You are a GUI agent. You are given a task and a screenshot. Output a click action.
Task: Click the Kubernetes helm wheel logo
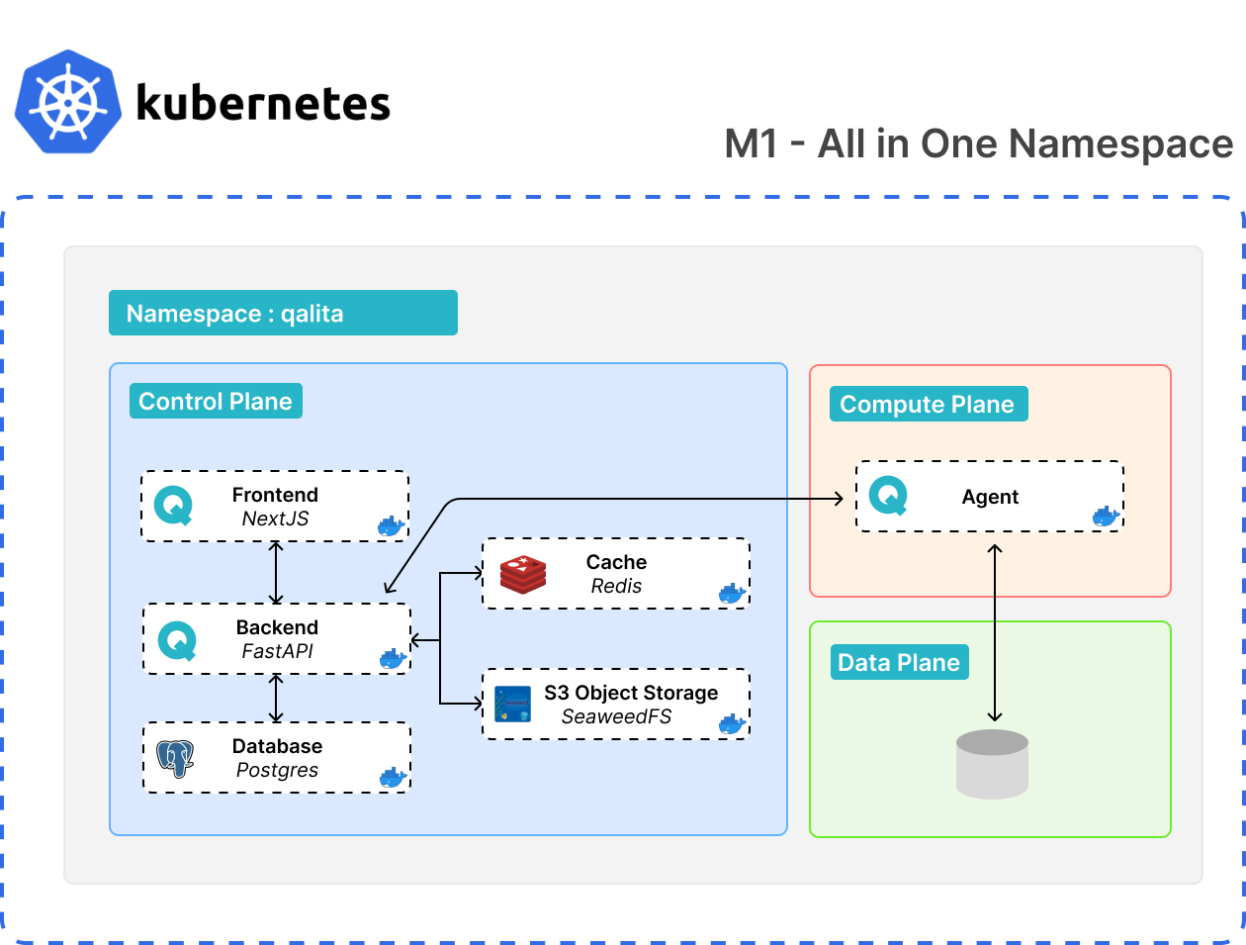click(x=68, y=102)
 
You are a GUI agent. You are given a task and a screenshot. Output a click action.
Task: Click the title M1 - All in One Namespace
click(x=978, y=144)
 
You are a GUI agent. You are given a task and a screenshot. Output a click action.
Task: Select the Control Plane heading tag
click(x=216, y=401)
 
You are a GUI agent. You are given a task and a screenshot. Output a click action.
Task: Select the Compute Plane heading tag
click(x=928, y=404)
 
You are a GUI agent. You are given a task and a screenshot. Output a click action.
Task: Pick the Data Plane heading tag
click(x=899, y=662)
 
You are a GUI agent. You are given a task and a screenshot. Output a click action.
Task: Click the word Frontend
click(x=275, y=495)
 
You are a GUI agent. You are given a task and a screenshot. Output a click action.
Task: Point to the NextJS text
click(x=275, y=519)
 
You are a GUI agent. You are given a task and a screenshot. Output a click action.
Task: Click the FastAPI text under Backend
click(x=277, y=651)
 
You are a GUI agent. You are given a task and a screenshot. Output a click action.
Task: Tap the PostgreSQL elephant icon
click(x=176, y=758)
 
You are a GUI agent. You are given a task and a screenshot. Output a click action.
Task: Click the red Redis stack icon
click(x=523, y=574)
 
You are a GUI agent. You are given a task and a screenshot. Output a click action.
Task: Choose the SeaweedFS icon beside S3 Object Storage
click(x=513, y=704)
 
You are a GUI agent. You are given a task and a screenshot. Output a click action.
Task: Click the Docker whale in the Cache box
click(x=732, y=594)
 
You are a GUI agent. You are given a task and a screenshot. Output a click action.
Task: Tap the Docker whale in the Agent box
click(x=1106, y=516)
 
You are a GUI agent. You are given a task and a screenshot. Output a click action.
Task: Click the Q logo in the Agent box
click(x=888, y=496)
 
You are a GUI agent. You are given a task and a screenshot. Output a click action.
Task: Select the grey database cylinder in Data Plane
click(x=993, y=764)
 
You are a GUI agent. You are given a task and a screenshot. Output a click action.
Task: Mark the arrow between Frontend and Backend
click(x=276, y=573)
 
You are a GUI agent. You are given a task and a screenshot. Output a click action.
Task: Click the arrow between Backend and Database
click(x=276, y=699)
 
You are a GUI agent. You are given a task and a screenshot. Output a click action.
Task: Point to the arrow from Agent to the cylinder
click(x=995, y=633)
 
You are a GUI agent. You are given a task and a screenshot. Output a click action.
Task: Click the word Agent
click(x=990, y=497)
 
